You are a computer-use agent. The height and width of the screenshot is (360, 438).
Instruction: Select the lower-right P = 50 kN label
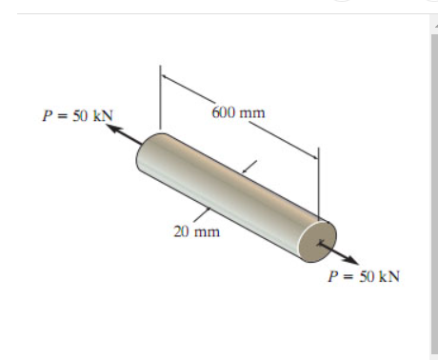click(364, 276)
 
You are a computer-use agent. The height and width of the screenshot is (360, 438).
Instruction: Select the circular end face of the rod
click(316, 239)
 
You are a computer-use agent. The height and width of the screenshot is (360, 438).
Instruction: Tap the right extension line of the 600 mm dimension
click(318, 181)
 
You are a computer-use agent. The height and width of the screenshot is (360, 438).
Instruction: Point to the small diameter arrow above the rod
click(249, 168)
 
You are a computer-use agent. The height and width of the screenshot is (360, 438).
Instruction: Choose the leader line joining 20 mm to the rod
click(202, 213)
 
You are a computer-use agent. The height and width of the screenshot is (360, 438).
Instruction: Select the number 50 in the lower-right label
click(365, 276)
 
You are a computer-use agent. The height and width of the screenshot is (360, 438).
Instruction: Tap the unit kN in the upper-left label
click(102, 116)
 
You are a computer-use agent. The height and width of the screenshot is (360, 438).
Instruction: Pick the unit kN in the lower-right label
click(388, 276)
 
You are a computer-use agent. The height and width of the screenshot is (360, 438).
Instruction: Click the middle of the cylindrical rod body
click(229, 196)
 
